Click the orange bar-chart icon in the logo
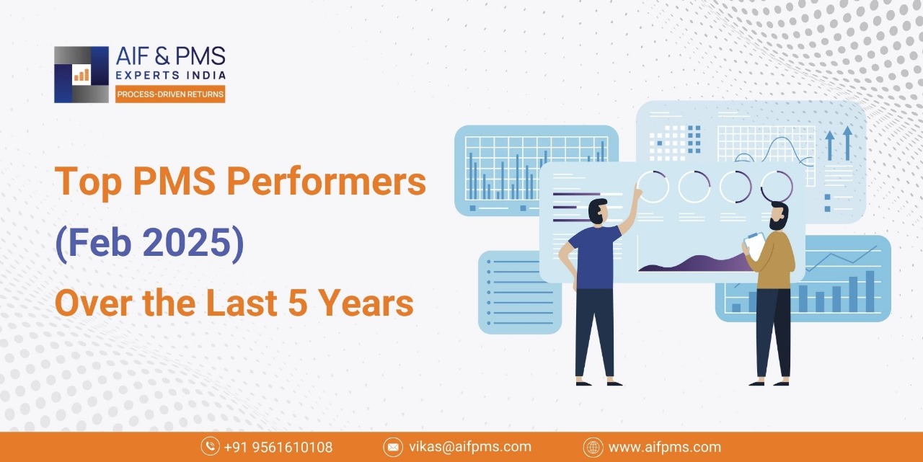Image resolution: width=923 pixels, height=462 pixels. tap(81, 74)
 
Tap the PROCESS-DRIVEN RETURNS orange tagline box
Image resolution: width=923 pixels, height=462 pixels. tap(170, 94)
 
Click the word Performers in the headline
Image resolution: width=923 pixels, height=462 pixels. tap(327, 182)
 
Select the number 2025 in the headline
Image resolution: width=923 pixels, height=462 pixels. tap(186, 242)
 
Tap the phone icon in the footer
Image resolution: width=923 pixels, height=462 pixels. tap(210, 447)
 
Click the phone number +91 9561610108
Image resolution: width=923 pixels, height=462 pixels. tap(278, 447)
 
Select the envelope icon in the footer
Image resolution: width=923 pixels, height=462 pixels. tap(393, 447)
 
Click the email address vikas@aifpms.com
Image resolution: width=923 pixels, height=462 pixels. tap(470, 447)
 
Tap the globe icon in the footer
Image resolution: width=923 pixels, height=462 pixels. tap(593, 447)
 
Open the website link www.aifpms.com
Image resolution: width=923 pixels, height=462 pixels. tap(665, 447)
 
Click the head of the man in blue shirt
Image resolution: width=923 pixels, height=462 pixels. tap(599, 212)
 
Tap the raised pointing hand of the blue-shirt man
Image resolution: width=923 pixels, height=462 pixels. tap(637, 191)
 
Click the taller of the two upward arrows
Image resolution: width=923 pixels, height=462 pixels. tap(847, 143)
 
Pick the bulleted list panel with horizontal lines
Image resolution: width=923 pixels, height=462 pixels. tap(520, 293)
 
